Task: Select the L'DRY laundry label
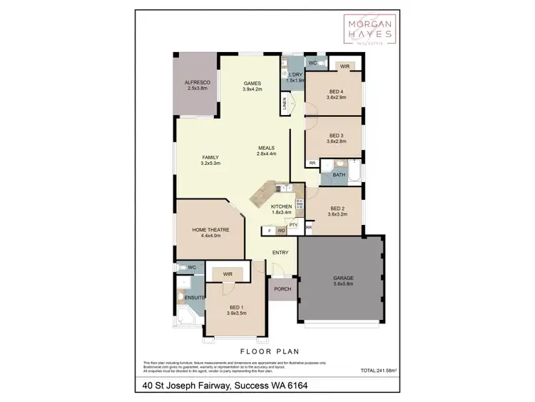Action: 295,75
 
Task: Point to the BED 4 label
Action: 337,92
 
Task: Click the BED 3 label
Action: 337,136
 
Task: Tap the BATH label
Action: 339,175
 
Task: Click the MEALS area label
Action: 267,149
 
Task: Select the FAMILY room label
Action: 210,158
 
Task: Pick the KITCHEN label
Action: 282,206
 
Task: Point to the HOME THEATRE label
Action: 210,230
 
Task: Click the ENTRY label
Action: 280,253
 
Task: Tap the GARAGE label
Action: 343,278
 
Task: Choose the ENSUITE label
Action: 195,296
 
